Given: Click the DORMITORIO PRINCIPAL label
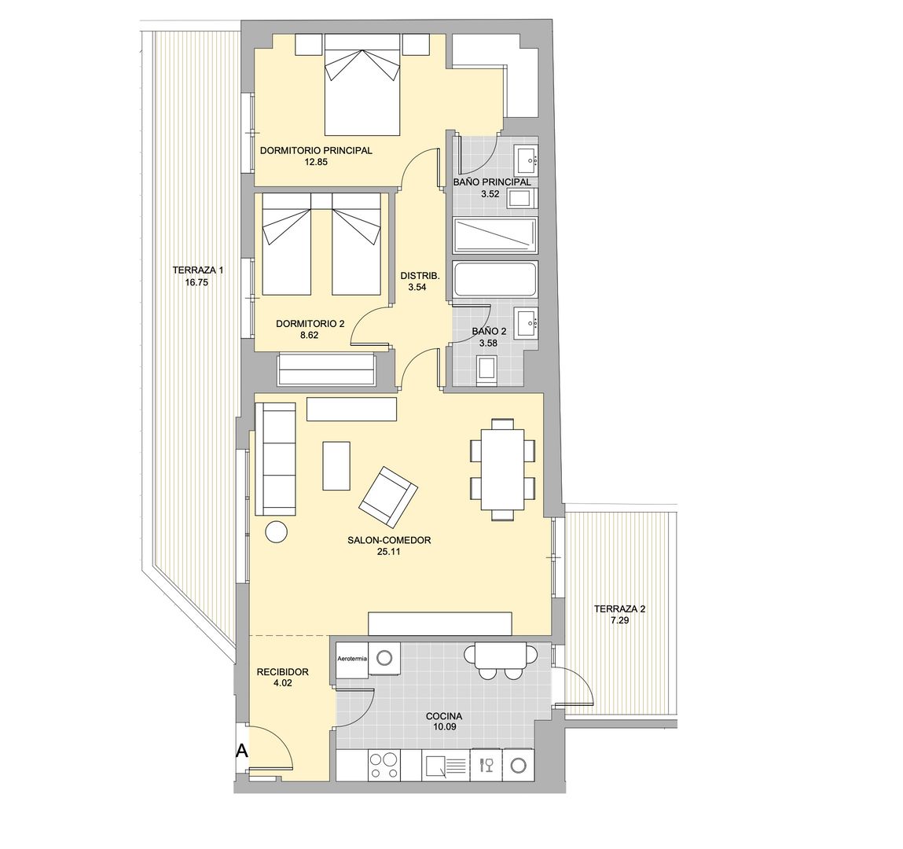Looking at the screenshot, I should point(315,151).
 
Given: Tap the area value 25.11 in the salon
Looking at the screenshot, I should point(389,552).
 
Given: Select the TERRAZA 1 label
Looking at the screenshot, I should point(197,270).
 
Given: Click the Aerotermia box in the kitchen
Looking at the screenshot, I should point(351,656).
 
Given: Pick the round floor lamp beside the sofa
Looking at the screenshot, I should point(277,532).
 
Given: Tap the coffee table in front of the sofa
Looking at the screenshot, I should point(336,465).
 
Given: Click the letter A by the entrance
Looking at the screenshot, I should point(242,751).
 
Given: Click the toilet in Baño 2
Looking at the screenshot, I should point(488,369).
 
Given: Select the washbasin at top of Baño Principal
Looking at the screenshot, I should point(526,160).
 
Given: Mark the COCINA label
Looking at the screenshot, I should point(444,716).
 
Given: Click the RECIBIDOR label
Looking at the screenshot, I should point(282,672).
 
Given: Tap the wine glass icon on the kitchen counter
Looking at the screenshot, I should point(485,765).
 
